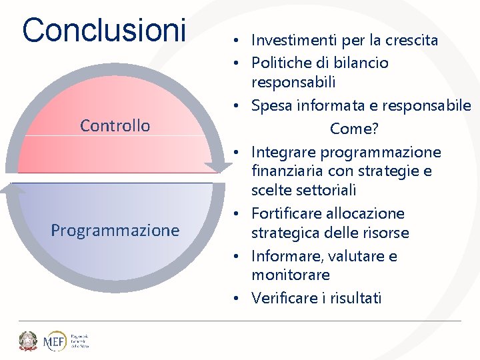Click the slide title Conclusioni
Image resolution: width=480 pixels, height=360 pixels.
coord(104,30)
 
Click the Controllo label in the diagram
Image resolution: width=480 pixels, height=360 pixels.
coord(115,125)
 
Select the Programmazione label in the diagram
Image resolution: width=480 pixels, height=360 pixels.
coord(115,231)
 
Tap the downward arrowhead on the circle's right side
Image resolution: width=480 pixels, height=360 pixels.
coord(218,167)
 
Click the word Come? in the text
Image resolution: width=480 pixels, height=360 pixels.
coord(353,129)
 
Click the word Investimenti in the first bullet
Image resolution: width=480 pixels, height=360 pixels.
coord(294,41)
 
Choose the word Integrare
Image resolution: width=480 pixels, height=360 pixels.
coord(283,153)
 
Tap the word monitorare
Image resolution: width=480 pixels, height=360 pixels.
coord(291,275)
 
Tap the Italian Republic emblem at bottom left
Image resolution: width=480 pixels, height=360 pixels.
coord(27,341)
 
